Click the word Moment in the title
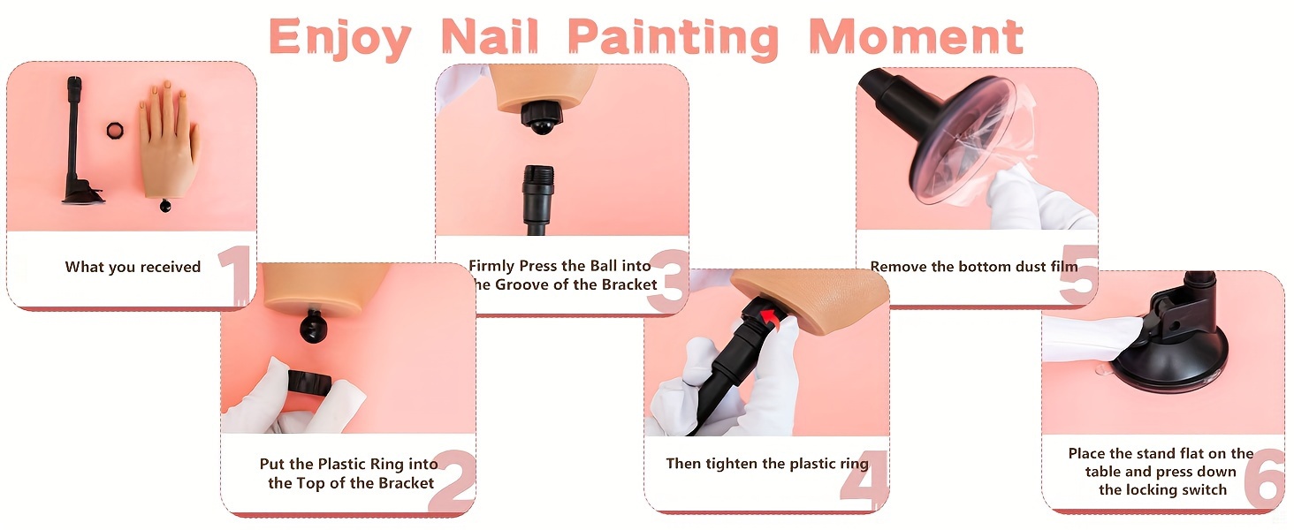(x=916, y=36)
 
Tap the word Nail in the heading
(x=490, y=36)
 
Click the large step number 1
(x=235, y=274)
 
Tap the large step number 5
(x=1079, y=274)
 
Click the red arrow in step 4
(x=772, y=317)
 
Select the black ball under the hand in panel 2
(x=314, y=326)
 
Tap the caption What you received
(x=133, y=267)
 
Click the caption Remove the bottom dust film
(x=974, y=266)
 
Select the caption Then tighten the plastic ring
(x=767, y=464)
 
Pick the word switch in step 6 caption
(x=1204, y=489)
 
